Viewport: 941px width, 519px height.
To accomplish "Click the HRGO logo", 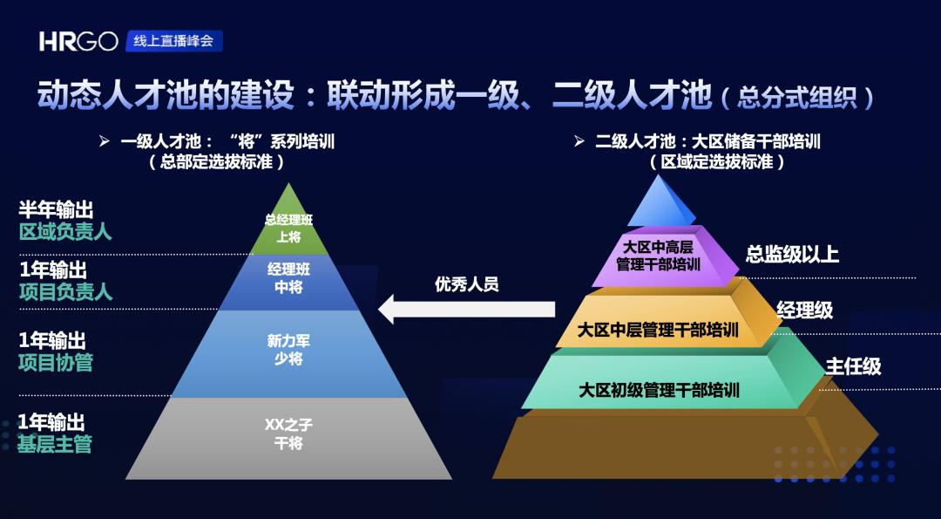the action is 78,42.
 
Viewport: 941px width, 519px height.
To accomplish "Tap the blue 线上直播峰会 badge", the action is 174,41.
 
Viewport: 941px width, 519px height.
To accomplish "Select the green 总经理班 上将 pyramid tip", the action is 288,219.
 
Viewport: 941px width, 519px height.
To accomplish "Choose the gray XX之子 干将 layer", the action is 288,438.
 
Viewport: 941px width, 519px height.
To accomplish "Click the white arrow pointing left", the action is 467,310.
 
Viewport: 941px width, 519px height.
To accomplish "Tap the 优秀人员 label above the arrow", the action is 467,284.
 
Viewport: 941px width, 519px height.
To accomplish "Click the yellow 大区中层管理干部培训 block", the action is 667,321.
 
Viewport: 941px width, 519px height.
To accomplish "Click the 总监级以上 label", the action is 792,254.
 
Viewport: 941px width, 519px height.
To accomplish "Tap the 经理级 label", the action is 805,310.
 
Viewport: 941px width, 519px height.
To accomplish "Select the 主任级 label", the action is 853,365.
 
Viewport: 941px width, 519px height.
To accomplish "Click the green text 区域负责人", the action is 65,232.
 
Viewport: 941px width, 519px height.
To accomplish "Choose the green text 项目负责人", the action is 65,292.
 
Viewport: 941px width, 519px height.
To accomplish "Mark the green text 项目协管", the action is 56,363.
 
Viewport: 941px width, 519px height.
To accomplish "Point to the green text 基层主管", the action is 55,445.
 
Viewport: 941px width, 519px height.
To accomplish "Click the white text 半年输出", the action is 56,210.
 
